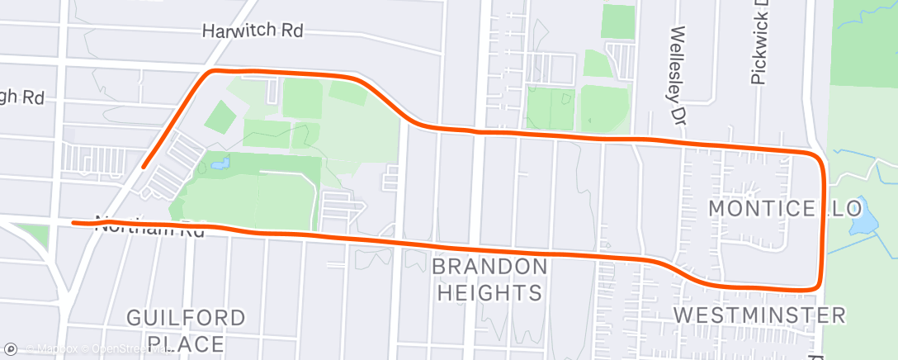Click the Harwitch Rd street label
[x=253, y=31]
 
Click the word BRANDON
[x=489, y=267]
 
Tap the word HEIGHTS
[x=489, y=292]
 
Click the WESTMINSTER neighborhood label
[x=759, y=315]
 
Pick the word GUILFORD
[x=186, y=318]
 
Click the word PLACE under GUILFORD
[x=186, y=343]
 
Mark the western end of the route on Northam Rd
[x=74, y=222]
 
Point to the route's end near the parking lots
[x=144, y=167]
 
